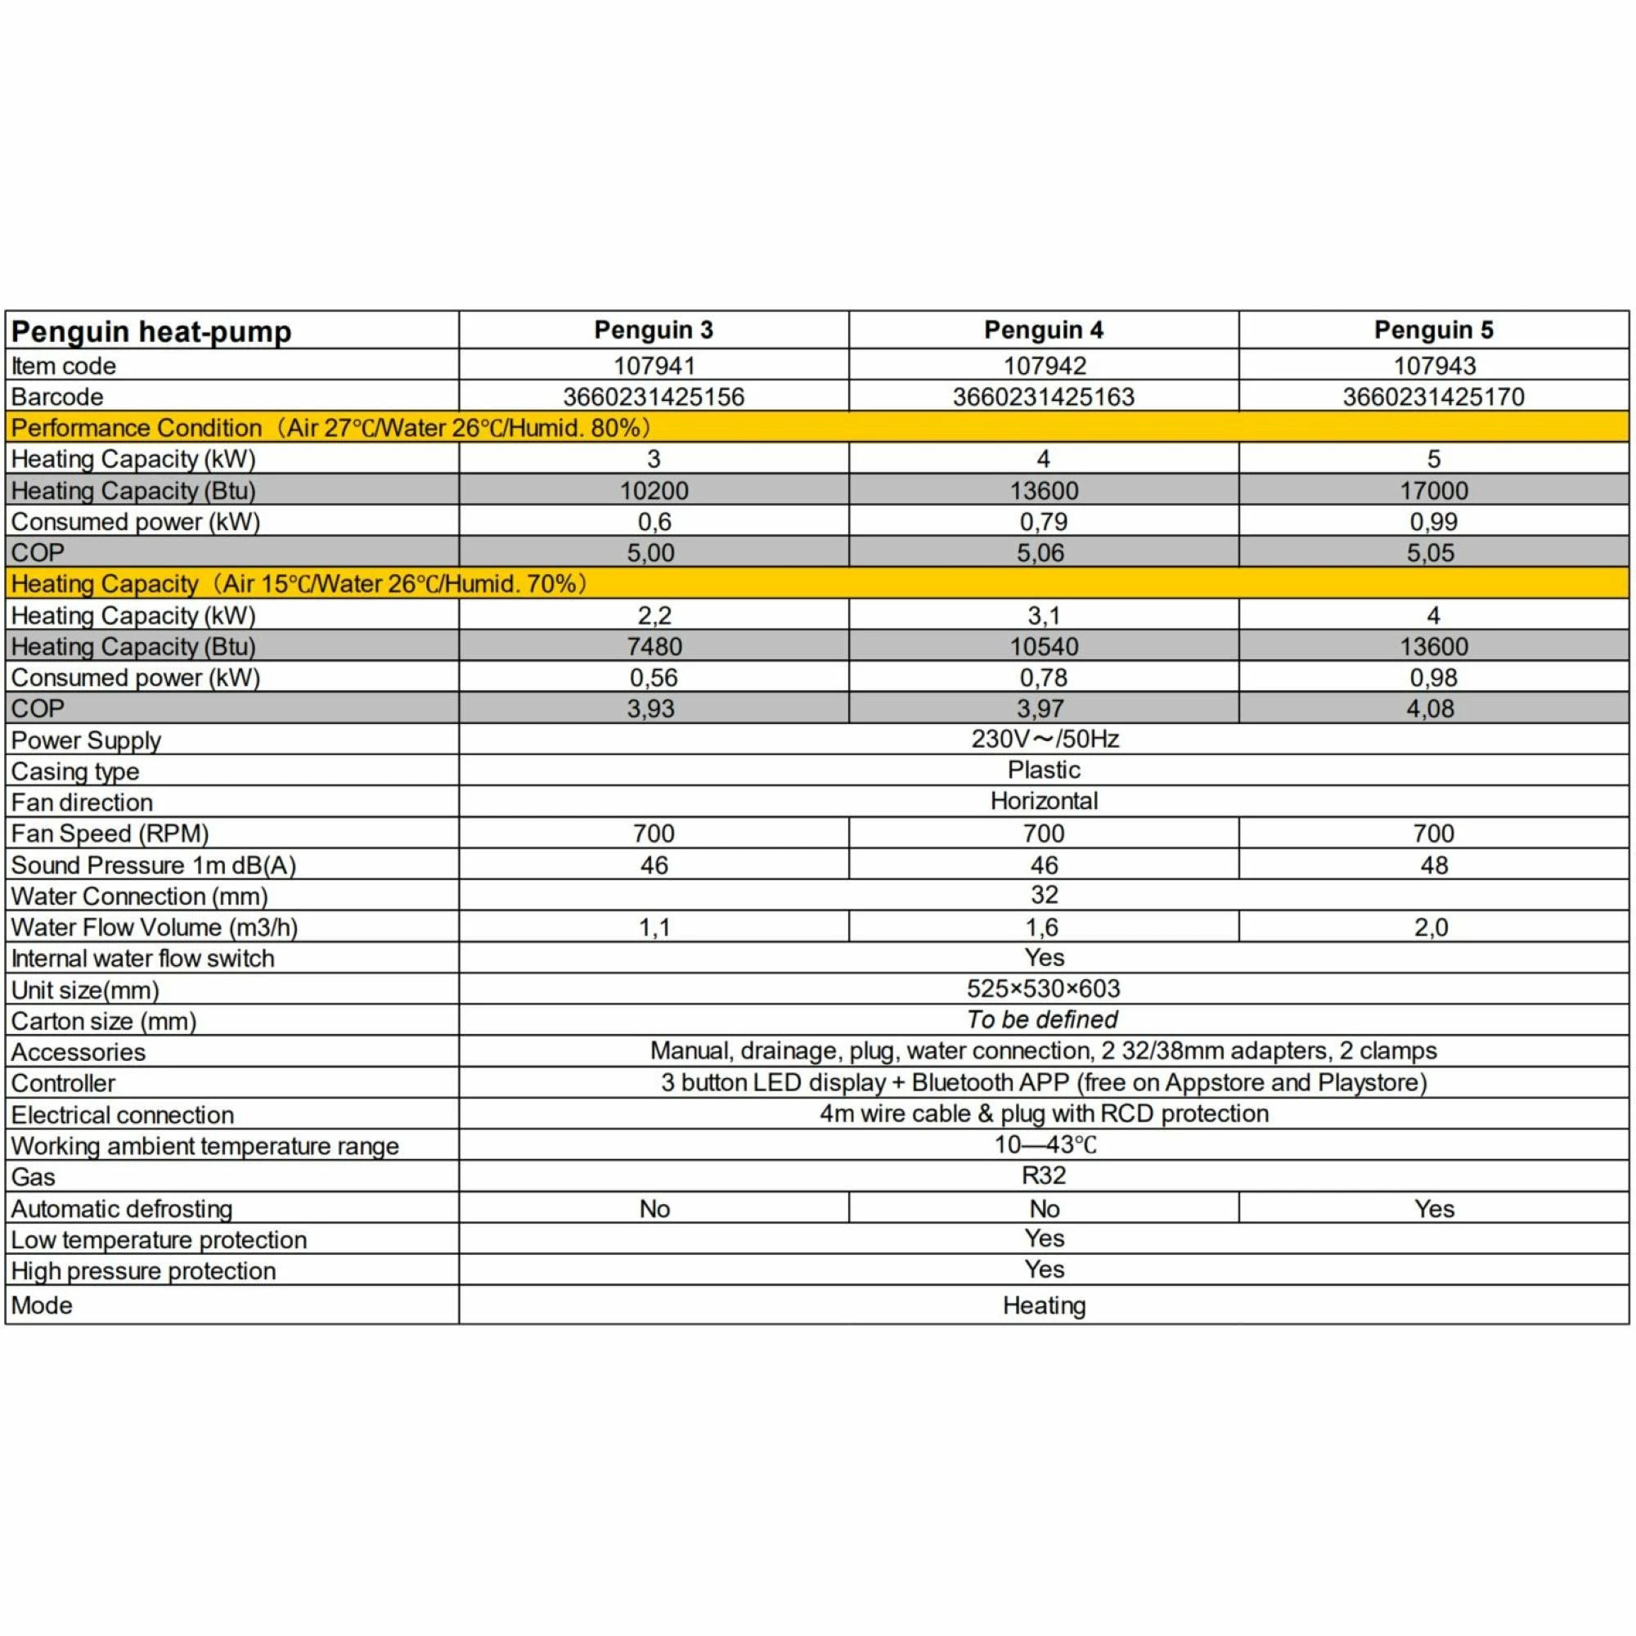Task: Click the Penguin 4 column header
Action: coord(1043,330)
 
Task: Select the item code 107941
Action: coord(654,366)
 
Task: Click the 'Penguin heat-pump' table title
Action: coord(151,331)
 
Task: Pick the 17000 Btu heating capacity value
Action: coord(1433,490)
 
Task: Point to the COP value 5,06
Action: coord(1040,553)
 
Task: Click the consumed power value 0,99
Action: coord(1433,522)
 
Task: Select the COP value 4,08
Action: coord(1430,708)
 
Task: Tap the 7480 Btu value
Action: coord(654,646)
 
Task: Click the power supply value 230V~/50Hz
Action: coord(1044,739)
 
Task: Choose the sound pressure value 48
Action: coord(1434,865)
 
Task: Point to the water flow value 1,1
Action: coord(654,928)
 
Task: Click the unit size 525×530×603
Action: coord(1043,988)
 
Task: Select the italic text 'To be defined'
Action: coord(1042,1019)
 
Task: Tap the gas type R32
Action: coord(1043,1175)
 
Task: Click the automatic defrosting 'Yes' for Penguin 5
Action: coord(1434,1208)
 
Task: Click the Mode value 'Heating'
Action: coord(1044,1305)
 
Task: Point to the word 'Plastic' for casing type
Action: coord(1043,770)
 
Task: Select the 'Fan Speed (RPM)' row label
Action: coord(110,834)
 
